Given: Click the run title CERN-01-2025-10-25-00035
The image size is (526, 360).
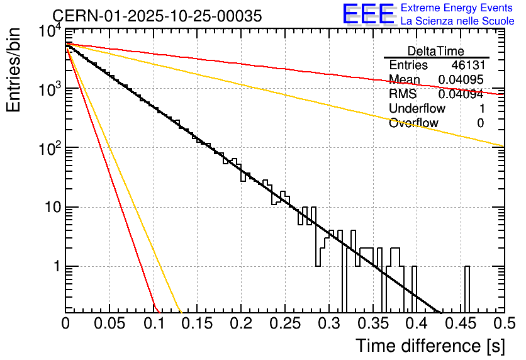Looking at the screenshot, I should (157, 16).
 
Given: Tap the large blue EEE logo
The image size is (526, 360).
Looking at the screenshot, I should (368, 14).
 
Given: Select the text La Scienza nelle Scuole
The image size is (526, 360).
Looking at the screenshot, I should (457, 21).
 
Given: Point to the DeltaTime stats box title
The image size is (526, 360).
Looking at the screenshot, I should (435, 51).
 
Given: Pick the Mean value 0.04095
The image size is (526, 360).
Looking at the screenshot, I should (461, 80).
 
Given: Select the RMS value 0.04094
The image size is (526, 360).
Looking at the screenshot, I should (461, 94).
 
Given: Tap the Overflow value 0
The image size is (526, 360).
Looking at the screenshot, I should (480, 123).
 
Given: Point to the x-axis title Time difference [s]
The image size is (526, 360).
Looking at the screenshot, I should (430, 346).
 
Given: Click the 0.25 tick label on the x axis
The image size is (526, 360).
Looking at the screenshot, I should (284, 324).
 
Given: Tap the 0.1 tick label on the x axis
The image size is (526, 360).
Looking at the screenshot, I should (153, 324).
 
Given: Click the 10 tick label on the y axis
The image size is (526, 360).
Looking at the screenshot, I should (51, 207).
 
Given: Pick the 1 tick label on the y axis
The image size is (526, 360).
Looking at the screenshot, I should (55, 266).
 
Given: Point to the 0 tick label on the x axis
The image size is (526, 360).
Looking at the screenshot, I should (65, 324).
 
